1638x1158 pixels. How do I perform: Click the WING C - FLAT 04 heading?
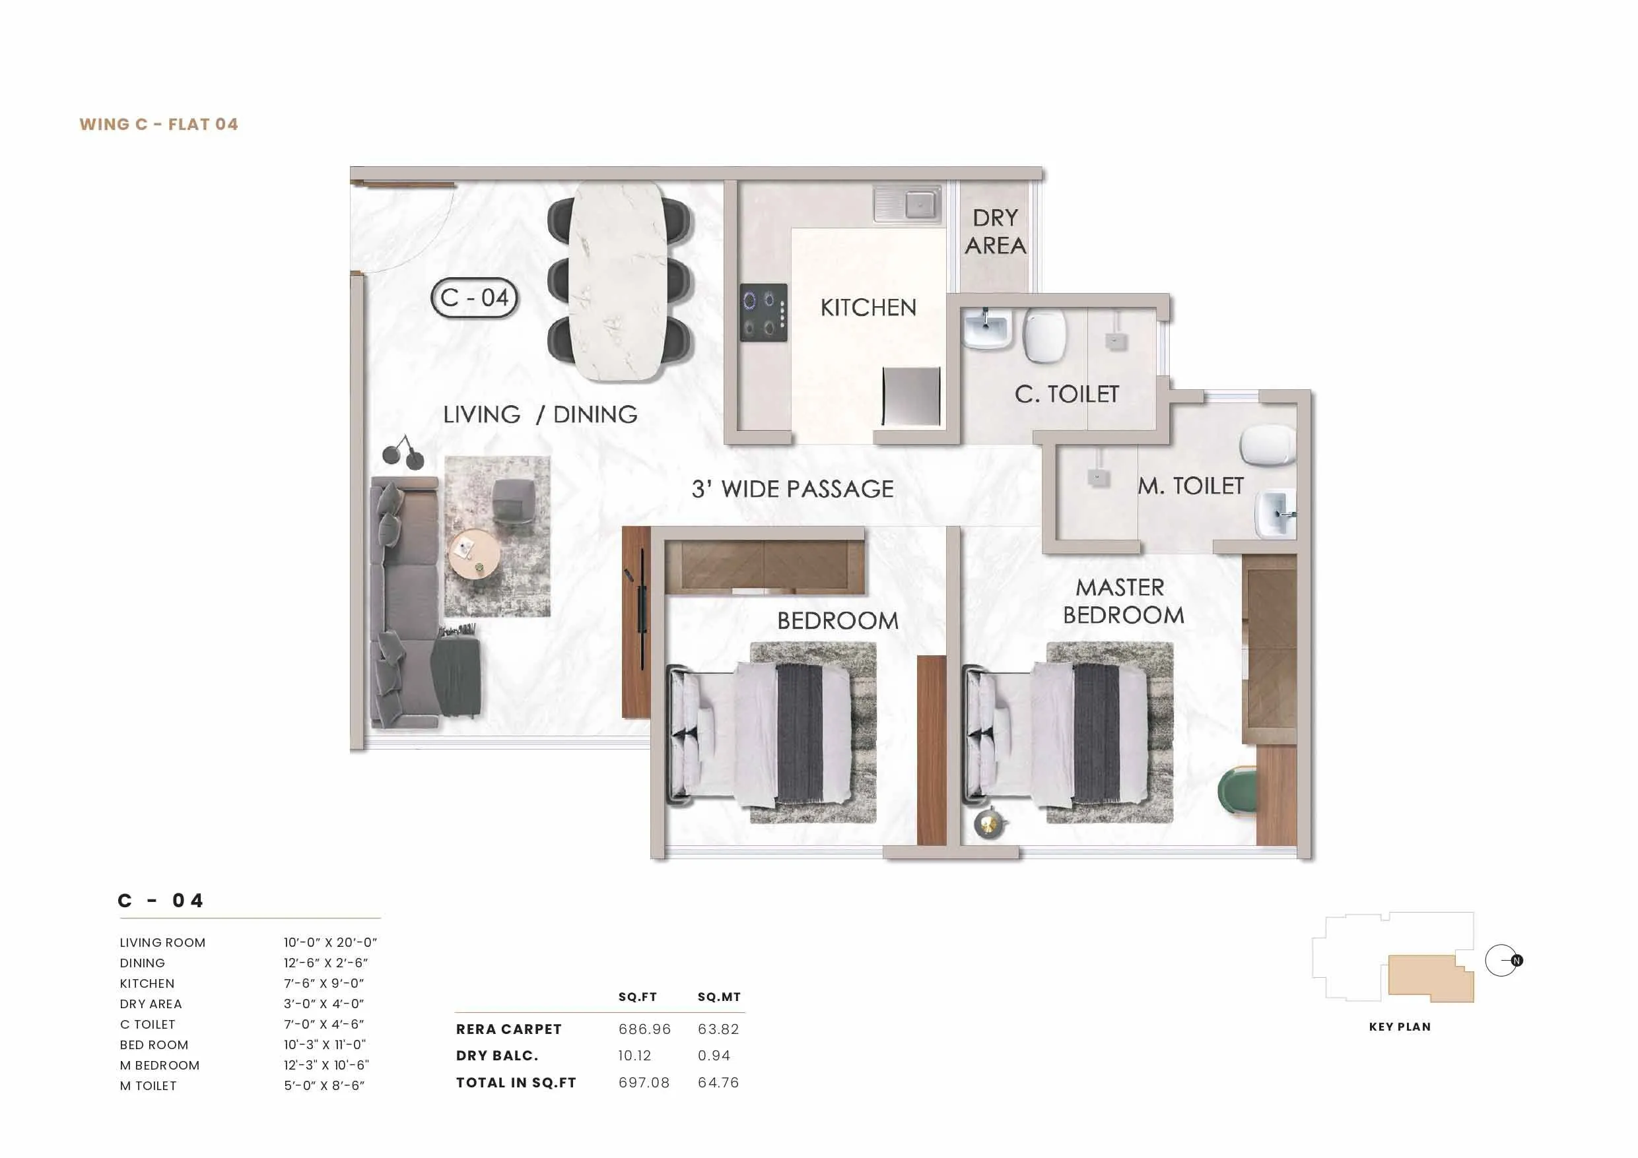(158, 124)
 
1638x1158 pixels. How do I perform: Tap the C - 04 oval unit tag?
(474, 298)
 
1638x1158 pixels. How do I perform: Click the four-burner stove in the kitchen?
(763, 312)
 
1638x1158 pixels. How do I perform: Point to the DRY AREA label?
(995, 232)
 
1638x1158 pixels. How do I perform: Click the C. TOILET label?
(1066, 394)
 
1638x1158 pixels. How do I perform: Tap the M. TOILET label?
(1190, 486)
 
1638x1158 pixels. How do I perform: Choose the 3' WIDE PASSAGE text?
(792, 489)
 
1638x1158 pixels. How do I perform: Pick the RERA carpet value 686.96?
(644, 1029)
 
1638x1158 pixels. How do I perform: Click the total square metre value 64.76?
(718, 1082)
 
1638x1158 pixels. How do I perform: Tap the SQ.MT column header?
(718, 997)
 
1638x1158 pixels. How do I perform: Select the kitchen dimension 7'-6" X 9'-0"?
(324, 983)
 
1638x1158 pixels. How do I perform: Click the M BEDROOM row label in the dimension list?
(160, 1066)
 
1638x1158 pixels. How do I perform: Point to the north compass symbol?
(1504, 961)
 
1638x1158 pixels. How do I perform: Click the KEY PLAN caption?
(1399, 1027)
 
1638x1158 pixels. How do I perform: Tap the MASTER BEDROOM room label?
(1122, 601)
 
